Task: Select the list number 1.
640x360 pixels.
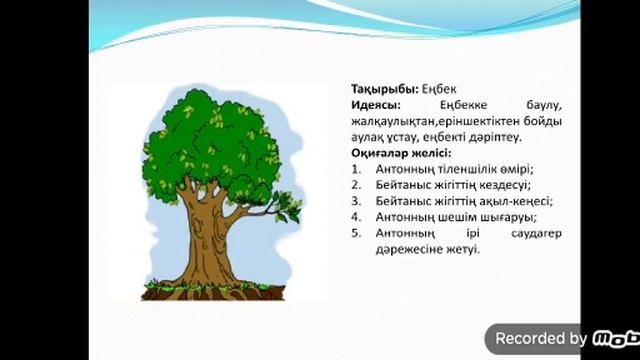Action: [x=357, y=169]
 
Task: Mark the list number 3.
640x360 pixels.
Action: [x=357, y=201]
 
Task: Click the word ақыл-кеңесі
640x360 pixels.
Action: [x=519, y=201]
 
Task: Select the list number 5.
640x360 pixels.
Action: [x=357, y=233]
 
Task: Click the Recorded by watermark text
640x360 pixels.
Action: [x=540, y=338]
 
